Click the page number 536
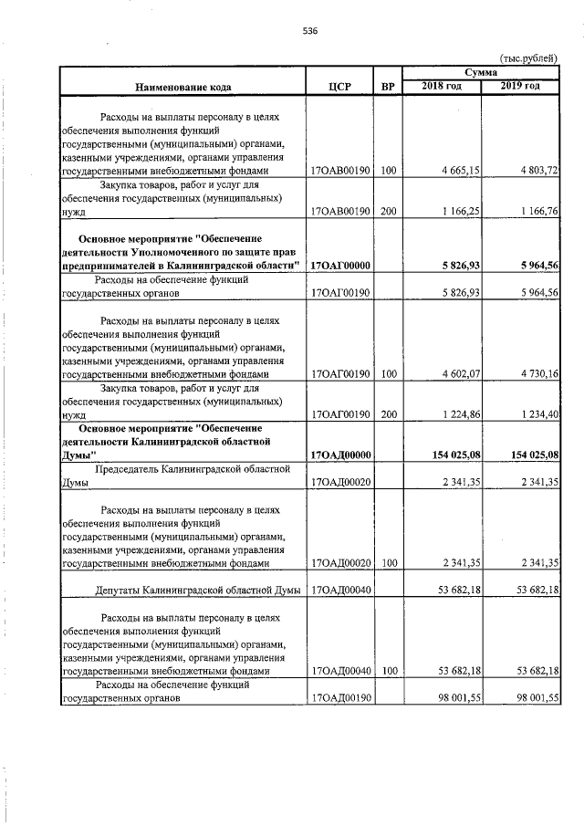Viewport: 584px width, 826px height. tap(310, 30)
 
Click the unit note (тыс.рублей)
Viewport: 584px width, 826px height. tap(528, 58)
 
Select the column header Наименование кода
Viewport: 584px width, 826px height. tap(182, 88)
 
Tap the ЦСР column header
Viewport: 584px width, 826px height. tap(339, 88)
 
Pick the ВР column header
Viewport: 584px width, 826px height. tap(388, 88)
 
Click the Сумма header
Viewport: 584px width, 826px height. tap(481, 71)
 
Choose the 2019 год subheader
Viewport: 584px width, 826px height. tap(520, 86)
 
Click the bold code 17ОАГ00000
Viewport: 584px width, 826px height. tap(339, 266)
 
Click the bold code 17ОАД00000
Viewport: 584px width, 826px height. tap(339, 454)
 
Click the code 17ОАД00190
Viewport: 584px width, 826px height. tap(339, 698)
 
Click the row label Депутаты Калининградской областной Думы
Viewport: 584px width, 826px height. tap(198, 591)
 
